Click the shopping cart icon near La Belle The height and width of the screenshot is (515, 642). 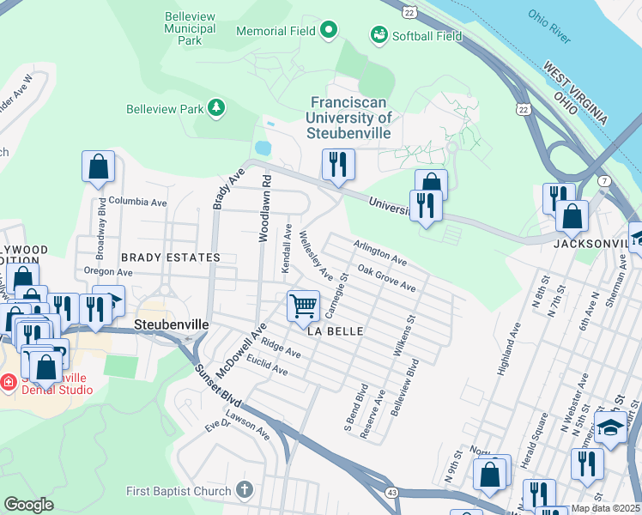[303, 306]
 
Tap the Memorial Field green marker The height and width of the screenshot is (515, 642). [328, 32]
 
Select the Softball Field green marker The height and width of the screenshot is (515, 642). [378, 35]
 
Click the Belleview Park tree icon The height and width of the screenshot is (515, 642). [217, 108]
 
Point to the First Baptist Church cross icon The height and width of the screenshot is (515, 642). [245, 491]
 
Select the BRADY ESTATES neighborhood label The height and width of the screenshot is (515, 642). [170, 257]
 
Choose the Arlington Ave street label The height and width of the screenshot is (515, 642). [380, 252]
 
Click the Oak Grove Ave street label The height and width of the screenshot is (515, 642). [387, 279]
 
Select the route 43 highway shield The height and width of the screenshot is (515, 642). [391, 492]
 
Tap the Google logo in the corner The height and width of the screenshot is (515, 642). [28, 504]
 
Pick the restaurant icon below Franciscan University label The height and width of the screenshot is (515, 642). [338, 164]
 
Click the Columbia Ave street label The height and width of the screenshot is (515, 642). [137, 203]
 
